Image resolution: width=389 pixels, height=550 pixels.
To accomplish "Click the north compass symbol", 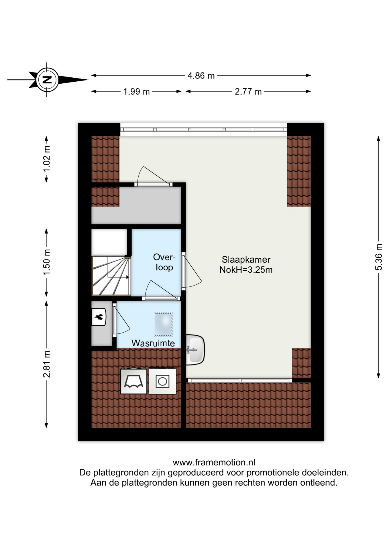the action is coord(47,80).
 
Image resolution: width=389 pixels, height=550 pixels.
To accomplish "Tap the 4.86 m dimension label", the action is coord(201,76).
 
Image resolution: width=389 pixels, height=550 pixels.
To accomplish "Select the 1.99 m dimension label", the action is coord(136,92).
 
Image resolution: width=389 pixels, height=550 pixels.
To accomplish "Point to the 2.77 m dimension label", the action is coord(248,92).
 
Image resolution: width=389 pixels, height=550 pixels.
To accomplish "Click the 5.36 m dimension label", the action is coord(378,257).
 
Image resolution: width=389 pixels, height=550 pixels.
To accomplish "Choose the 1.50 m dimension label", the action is coord(46,262).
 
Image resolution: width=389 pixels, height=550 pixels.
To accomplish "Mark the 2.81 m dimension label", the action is coord(46,364).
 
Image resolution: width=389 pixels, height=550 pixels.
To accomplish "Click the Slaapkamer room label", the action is coord(246,260).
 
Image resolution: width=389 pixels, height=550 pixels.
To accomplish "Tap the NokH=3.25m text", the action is coord(246,270).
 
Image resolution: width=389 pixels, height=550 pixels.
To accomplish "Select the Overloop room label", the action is coord(164,262).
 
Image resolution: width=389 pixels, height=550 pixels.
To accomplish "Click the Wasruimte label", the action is coord(153,343).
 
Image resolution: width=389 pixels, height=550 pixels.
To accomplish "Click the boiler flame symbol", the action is coord(99,317).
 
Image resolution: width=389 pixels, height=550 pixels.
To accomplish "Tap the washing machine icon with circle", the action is coord(162,381).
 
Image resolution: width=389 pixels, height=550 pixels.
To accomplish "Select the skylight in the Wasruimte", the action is coord(163,324).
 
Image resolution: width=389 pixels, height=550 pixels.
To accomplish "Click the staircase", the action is coord(111,276).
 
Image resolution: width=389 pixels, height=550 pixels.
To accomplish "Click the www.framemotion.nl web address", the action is coord(214,462).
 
